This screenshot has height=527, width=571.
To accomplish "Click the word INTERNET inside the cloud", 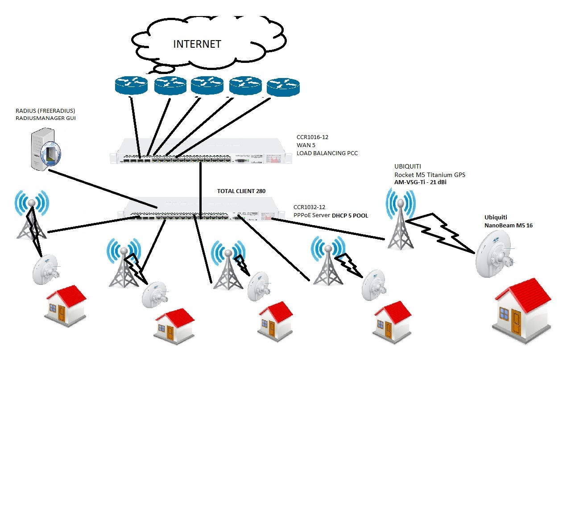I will (x=197, y=44).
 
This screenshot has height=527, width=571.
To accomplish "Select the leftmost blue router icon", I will (x=131, y=85).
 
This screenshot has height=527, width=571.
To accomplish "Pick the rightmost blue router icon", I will (x=283, y=87).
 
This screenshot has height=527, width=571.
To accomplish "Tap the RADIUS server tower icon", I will (x=44, y=149).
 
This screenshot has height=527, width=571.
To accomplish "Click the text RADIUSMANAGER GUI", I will (x=46, y=118).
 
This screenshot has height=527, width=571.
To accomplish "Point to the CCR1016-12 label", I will (x=312, y=137).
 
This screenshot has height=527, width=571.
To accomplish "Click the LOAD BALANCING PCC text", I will (x=327, y=153).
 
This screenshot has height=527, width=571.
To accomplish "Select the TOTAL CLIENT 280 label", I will (x=241, y=191).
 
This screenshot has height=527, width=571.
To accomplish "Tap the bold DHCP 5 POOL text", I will (x=350, y=215).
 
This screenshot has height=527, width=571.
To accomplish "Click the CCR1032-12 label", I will (x=309, y=207).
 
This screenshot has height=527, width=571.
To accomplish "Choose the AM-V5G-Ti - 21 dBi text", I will (x=420, y=182).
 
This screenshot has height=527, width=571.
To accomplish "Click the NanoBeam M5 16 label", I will (x=508, y=225).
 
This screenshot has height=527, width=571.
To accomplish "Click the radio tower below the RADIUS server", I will (x=31, y=216).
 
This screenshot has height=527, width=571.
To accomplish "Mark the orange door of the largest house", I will (x=517, y=322).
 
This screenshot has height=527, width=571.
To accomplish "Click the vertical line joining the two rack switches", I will (x=201, y=187).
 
